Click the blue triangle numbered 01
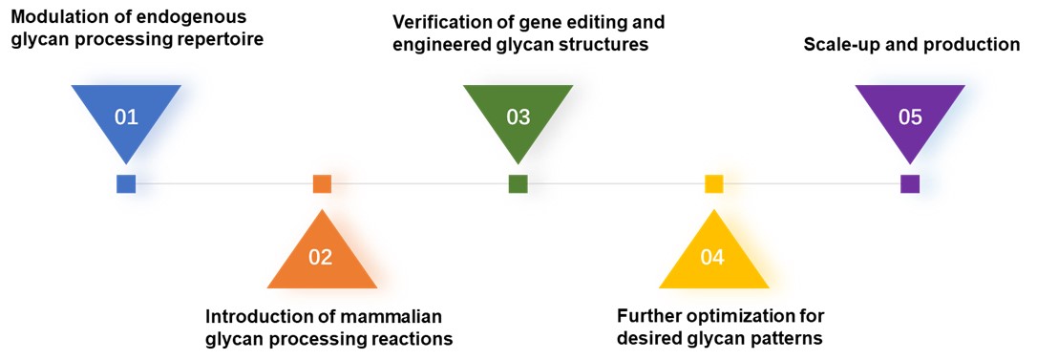point(126,116)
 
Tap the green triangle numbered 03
point(518,116)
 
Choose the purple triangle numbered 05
point(910,116)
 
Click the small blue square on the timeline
point(126,184)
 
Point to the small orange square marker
point(322,184)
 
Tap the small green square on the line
point(518,184)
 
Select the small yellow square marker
point(714,184)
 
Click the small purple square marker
point(910,184)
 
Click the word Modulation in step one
point(58,18)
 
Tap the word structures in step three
point(602,44)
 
